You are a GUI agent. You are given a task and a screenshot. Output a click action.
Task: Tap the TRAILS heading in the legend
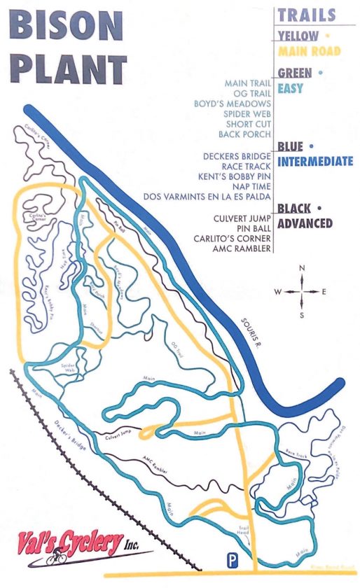click(306, 14)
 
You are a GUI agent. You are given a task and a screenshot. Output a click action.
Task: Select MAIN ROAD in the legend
click(310, 51)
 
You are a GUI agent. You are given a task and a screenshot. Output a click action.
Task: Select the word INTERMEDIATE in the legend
click(315, 162)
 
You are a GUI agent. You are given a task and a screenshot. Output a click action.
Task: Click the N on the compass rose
click(302, 269)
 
